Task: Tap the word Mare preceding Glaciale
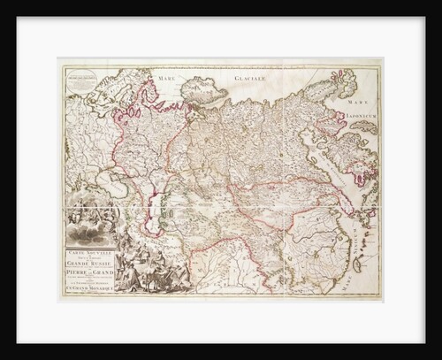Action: (x=169, y=80)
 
